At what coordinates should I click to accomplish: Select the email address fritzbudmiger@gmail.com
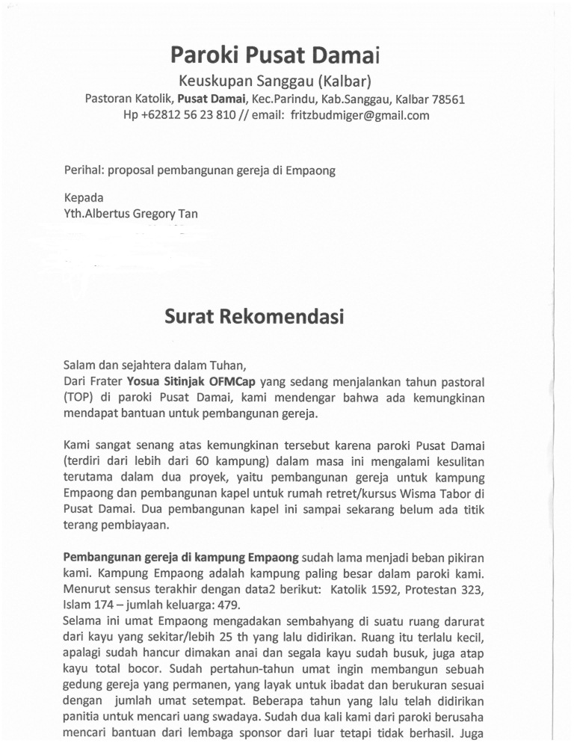pos(359,115)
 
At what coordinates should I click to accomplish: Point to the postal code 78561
pos(448,99)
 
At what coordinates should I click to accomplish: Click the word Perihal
pos(84,170)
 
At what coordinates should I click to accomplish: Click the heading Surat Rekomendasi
pos(254,317)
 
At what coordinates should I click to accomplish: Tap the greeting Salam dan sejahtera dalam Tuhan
pos(154,365)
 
